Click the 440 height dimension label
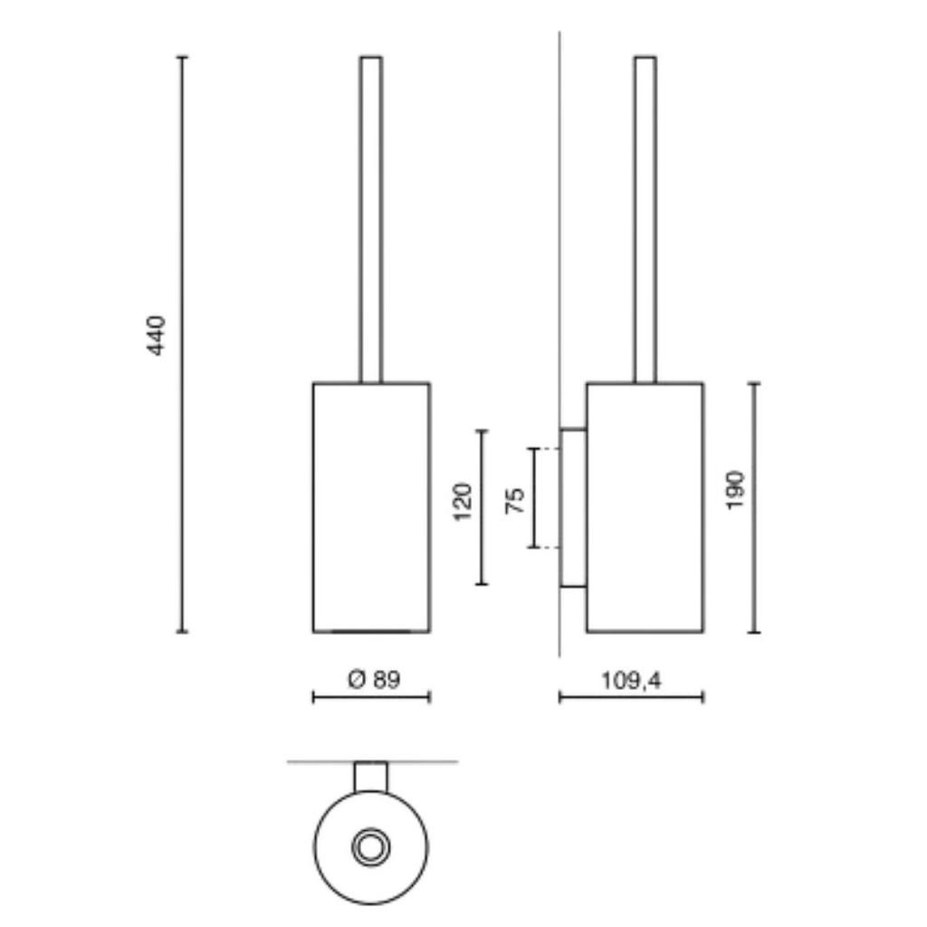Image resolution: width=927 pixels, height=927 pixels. [156, 336]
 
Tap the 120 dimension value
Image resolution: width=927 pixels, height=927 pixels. [463, 502]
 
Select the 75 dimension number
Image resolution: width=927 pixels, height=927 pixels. [515, 500]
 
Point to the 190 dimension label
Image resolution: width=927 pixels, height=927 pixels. [735, 490]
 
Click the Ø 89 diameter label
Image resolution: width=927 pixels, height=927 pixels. [374, 679]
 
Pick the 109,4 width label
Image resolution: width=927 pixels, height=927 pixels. [631, 681]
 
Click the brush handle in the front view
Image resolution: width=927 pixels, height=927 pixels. [371, 220]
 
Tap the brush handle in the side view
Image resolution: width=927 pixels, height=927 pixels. [645, 220]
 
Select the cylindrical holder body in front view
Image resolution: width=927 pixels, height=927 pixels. [371, 508]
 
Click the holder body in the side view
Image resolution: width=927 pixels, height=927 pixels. [645, 508]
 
